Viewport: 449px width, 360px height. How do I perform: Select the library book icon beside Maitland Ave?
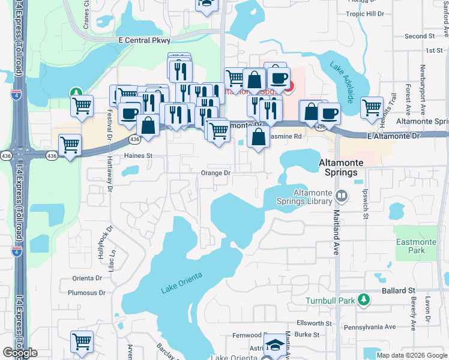(x=342, y=195)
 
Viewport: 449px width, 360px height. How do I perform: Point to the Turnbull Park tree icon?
(x=363, y=299)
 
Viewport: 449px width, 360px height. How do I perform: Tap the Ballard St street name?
(x=399, y=290)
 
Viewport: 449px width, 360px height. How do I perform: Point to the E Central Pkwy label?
(x=145, y=40)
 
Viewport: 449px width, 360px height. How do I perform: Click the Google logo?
(x=20, y=353)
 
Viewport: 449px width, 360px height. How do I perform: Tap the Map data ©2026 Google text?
(x=411, y=355)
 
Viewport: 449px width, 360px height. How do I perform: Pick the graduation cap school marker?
(x=276, y=344)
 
